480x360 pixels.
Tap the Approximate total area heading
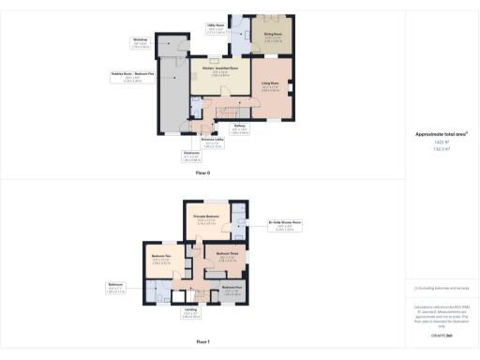click(442, 134)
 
